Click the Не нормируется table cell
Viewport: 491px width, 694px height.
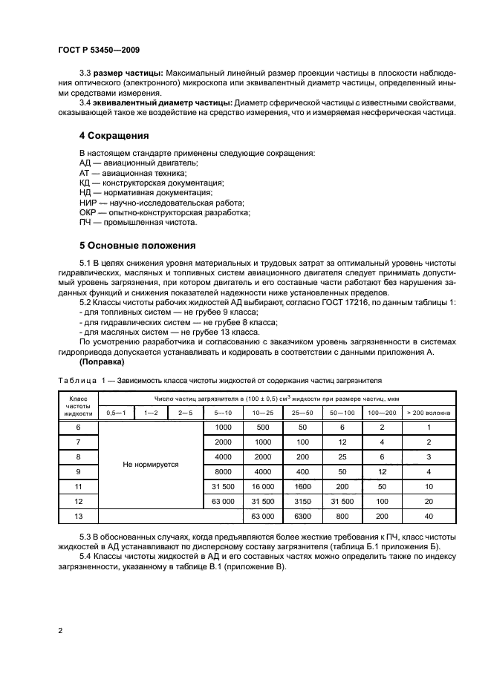pos(151,464)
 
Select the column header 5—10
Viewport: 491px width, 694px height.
pos(223,412)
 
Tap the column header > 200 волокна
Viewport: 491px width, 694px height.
pos(429,412)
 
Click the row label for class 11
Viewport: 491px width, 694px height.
pos(78,486)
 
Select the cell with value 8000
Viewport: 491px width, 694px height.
pos(223,471)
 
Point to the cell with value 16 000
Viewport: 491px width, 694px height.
pos(263,486)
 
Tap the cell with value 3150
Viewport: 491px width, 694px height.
pos(302,501)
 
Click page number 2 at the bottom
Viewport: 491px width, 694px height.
pos(60,630)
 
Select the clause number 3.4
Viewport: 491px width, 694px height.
pos(85,102)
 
